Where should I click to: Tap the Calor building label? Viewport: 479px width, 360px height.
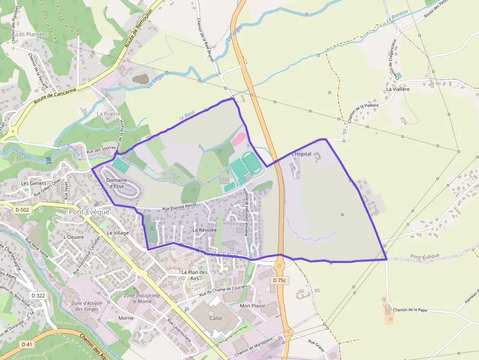[x=216, y=318]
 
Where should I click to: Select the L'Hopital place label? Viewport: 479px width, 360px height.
[x=301, y=154]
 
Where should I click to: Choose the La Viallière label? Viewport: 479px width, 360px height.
[x=397, y=89]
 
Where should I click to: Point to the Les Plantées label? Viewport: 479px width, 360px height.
[x=32, y=34]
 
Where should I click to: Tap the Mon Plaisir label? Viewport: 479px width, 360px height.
[x=252, y=306]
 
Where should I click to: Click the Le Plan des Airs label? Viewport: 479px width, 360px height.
[x=195, y=275]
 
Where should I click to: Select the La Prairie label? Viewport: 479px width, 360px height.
[x=109, y=114]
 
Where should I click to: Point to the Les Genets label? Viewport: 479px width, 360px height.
[x=34, y=183]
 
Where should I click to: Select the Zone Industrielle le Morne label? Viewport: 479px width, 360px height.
[x=142, y=298]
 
